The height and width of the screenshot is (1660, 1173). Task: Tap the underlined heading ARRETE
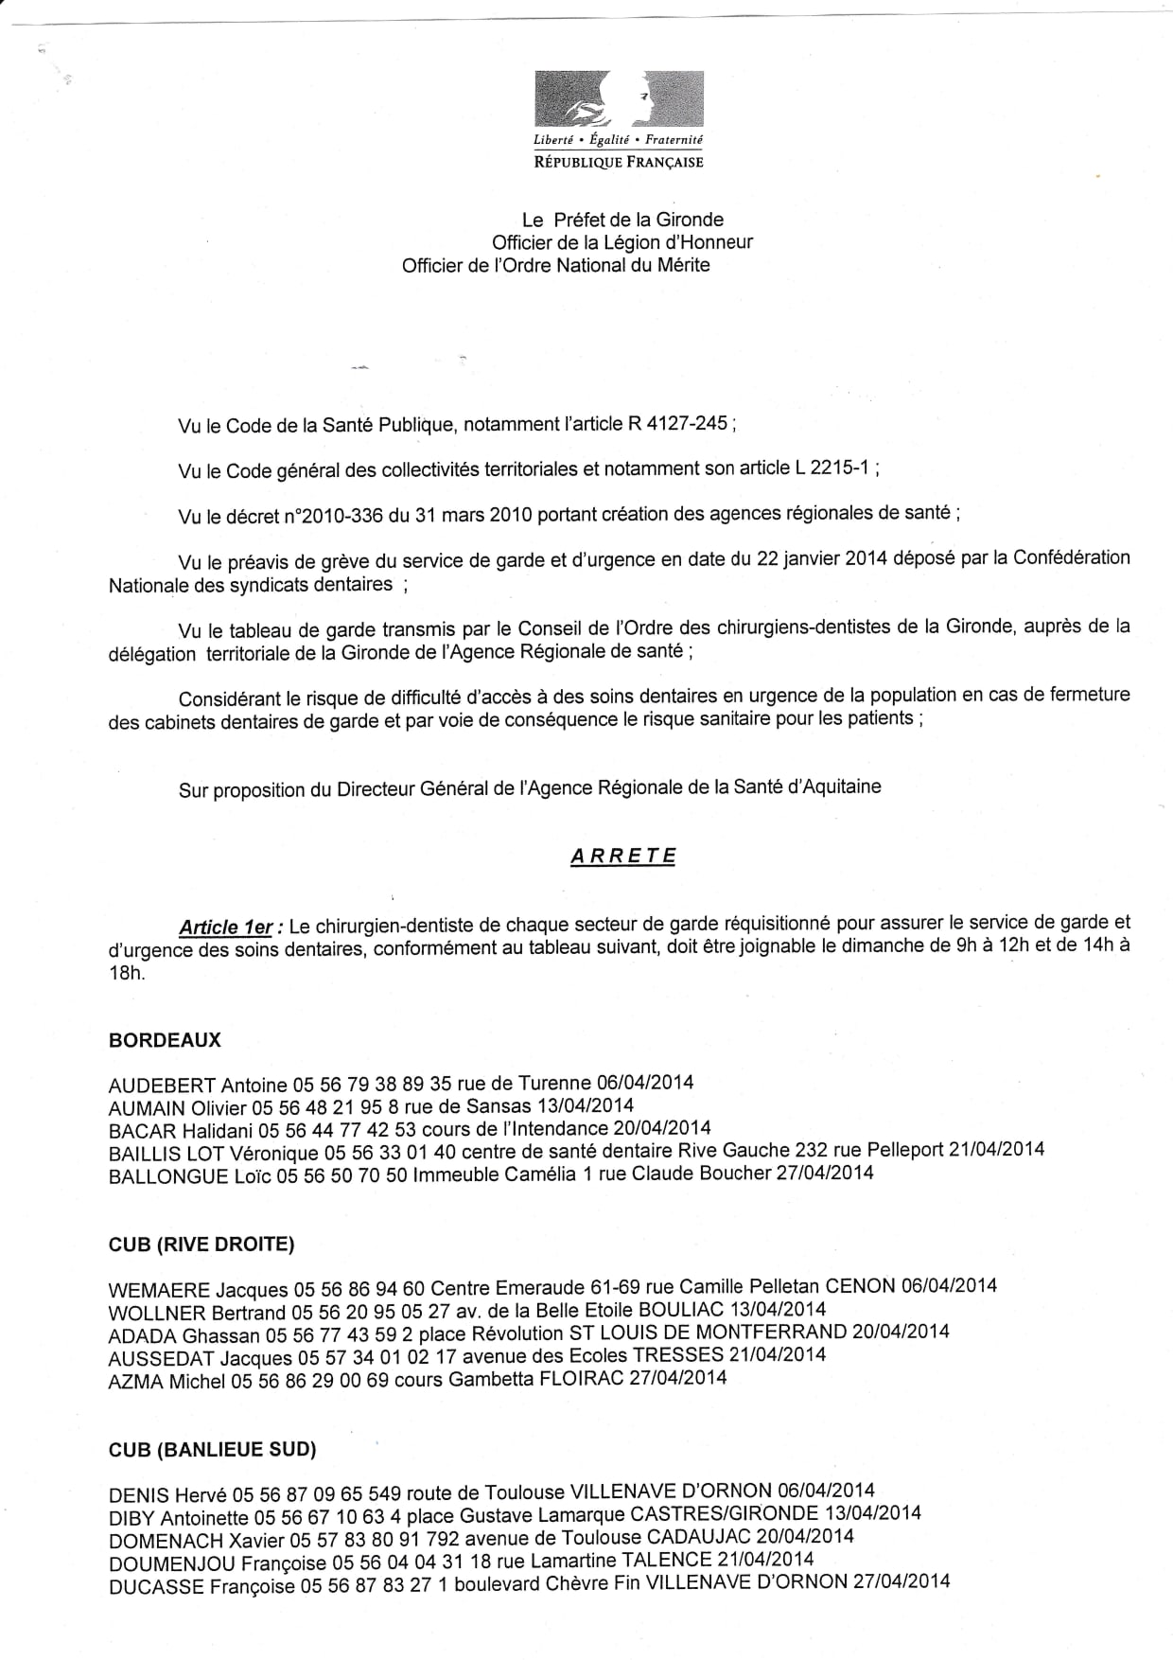click(x=623, y=856)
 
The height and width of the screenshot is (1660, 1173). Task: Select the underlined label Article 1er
click(x=226, y=927)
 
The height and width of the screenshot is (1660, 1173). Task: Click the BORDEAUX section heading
click(x=165, y=1040)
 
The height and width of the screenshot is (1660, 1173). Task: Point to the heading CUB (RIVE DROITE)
click(x=201, y=1245)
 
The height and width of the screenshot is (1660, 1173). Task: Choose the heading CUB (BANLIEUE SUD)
click(x=213, y=1449)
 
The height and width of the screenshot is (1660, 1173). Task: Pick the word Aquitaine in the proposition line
click(x=839, y=786)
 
